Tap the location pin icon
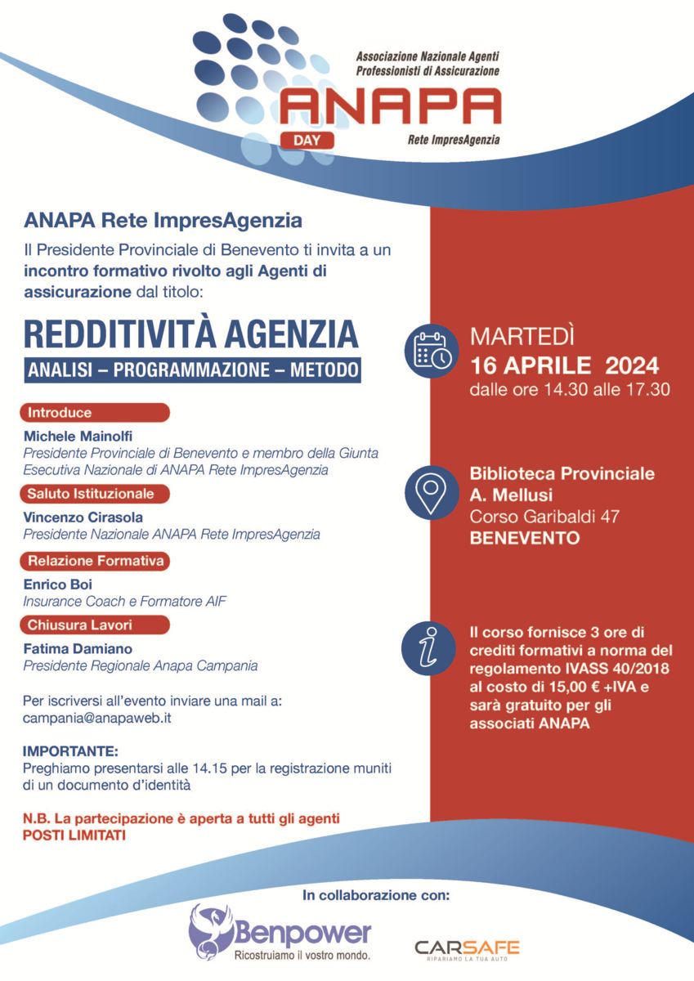[x=432, y=490]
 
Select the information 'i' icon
[x=432, y=649]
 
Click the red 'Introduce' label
[x=96, y=412]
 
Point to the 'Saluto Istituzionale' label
[x=96, y=493]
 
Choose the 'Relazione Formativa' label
[x=96, y=561]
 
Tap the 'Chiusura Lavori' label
[x=96, y=625]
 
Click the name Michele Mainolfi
[x=73, y=436]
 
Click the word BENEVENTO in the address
[x=524, y=538]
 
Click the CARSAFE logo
[x=467, y=949]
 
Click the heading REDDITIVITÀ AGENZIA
[x=190, y=334]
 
